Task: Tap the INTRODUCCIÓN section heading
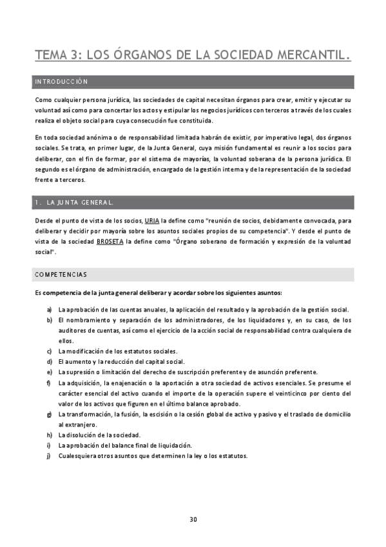62,82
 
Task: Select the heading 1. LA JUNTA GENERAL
74,203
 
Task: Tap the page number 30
193,520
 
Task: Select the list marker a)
49,310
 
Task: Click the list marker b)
49,320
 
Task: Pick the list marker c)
49,352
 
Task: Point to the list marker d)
49,362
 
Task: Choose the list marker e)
49,372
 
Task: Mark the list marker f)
49,383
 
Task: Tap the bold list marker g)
49,414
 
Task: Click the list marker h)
49,435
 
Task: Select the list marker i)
49,445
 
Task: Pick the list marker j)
49,456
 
